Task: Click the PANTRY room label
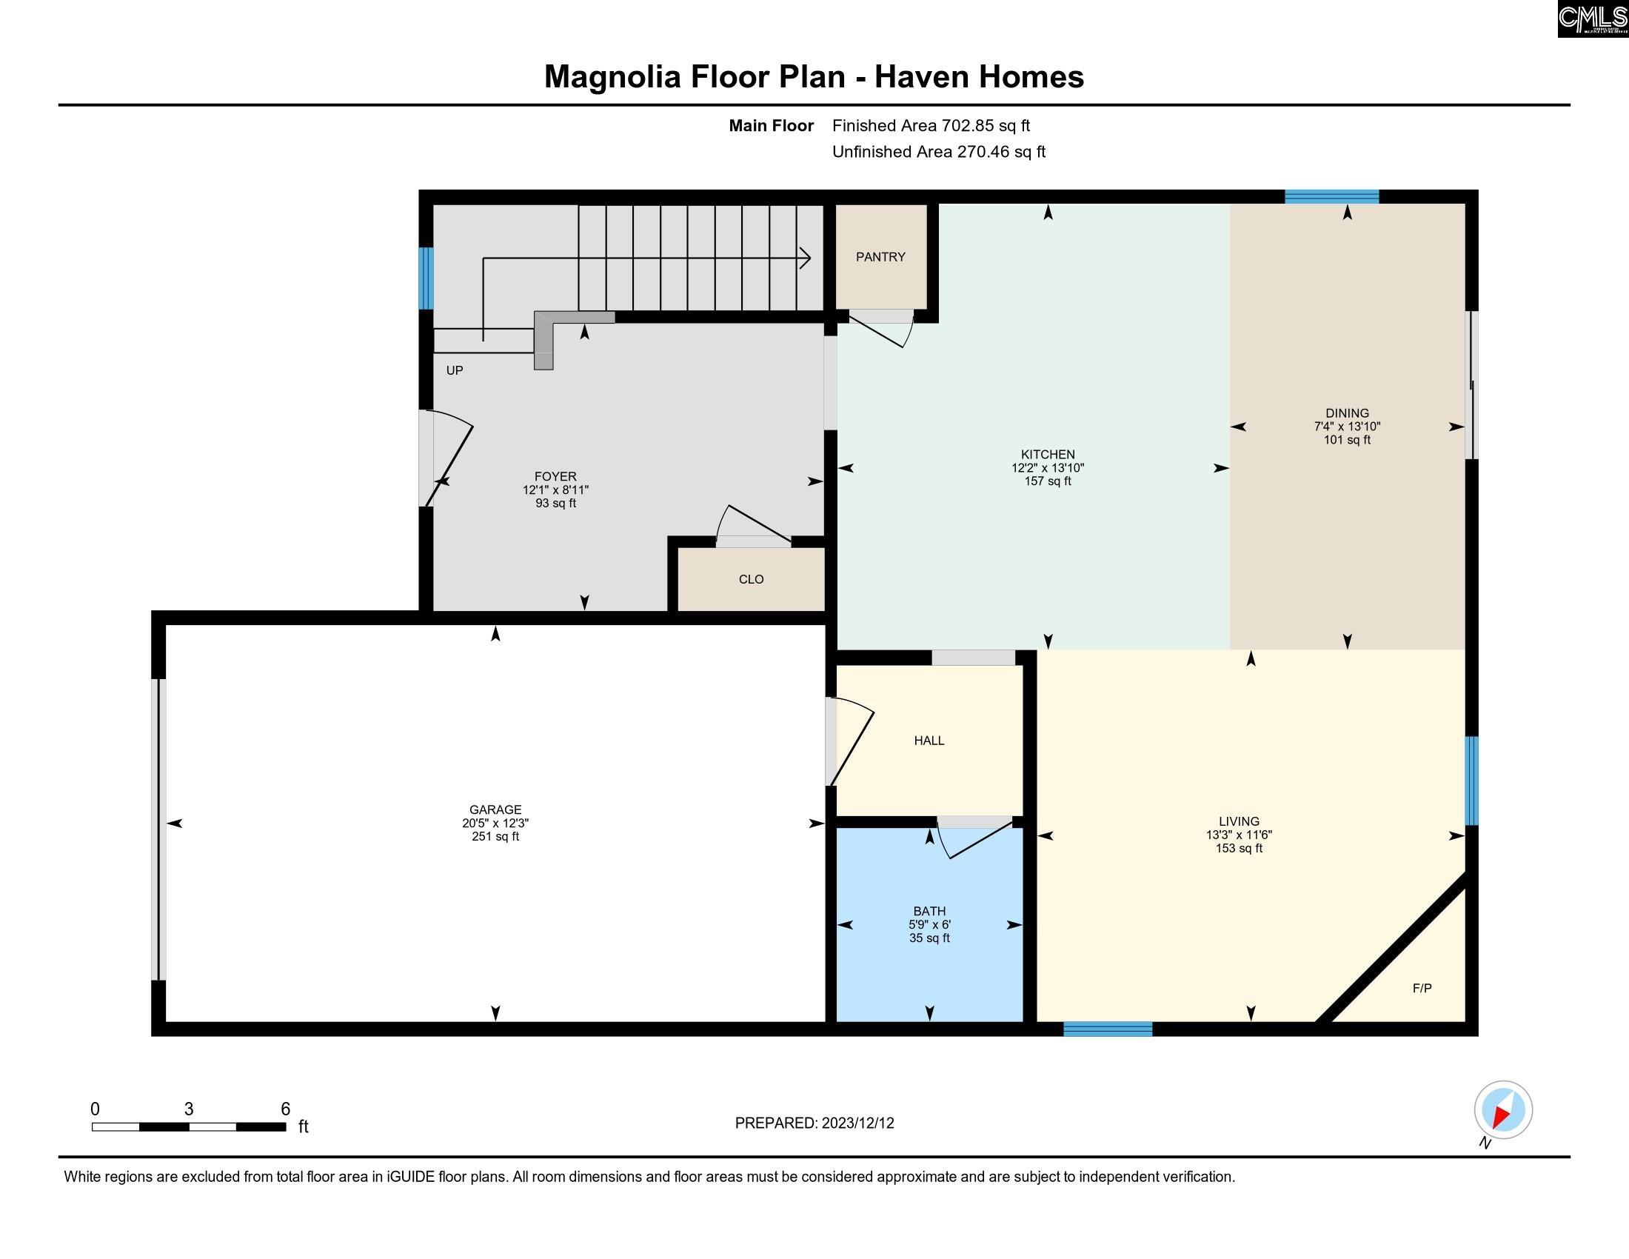pos(880,256)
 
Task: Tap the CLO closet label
pos(751,579)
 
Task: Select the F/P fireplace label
pos(1422,988)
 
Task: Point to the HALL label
pos(929,741)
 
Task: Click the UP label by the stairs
pos(454,370)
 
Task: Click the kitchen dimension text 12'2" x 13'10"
pos(1047,467)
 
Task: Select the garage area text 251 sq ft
pos(495,836)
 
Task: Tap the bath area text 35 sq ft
pos(929,938)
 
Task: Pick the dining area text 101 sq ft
pos(1347,439)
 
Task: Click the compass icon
pos(1503,1109)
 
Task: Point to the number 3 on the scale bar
pos(189,1109)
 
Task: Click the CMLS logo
pos(1593,19)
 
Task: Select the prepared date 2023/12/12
pos(857,1123)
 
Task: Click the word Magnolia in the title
pos(612,77)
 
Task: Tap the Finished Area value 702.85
pos(969,125)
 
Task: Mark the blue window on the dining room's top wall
pos(1331,197)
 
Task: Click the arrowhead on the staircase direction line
pos(806,258)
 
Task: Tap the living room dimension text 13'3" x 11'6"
pos(1239,835)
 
